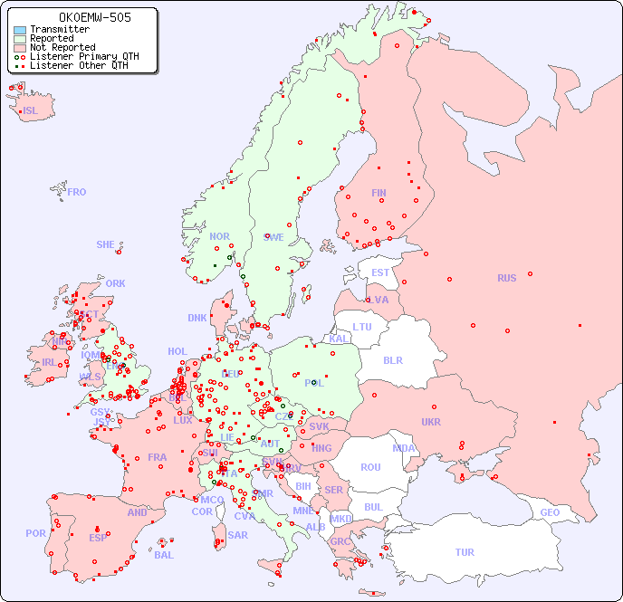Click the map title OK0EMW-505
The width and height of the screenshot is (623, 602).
tap(82, 17)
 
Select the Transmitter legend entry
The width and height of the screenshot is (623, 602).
tap(59, 29)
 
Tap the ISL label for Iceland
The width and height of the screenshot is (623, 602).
tap(31, 111)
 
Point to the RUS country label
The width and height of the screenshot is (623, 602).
tap(506, 278)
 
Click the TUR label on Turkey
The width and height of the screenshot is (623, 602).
tap(465, 552)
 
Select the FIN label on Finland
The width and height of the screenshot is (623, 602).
tap(379, 193)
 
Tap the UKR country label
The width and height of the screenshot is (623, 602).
tap(431, 422)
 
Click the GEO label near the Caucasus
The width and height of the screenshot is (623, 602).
tap(550, 512)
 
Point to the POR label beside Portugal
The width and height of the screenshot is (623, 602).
tap(35, 533)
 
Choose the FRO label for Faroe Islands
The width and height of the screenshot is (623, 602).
tap(77, 192)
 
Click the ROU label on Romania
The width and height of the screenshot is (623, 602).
tap(370, 467)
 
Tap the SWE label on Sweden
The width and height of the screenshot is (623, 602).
tap(273, 237)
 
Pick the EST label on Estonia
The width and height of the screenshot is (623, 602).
tap(380, 272)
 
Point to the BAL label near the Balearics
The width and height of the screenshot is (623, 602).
tap(164, 555)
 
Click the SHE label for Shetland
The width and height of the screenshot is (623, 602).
tap(106, 244)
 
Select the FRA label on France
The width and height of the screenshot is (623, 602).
tap(158, 457)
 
